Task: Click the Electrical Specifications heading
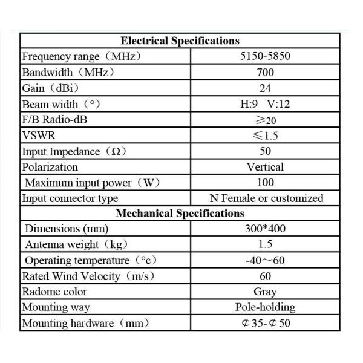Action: pos(180,41)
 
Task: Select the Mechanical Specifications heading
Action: pos(180,214)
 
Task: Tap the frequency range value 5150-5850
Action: pos(265,57)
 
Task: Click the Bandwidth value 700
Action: pos(265,73)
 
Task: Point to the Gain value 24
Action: pos(265,88)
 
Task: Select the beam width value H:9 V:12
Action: pos(265,104)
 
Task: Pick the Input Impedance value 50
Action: pos(265,151)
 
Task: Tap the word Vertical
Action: pos(265,167)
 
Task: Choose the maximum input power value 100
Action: pos(265,183)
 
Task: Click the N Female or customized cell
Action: pos(265,198)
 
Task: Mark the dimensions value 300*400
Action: pos(265,229)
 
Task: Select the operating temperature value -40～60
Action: pos(265,261)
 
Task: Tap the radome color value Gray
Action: pos(265,292)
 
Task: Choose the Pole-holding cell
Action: pos(265,307)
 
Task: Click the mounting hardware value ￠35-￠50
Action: pos(265,323)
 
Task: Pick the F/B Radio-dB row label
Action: pos(54,120)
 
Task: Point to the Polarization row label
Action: pos(50,167)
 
